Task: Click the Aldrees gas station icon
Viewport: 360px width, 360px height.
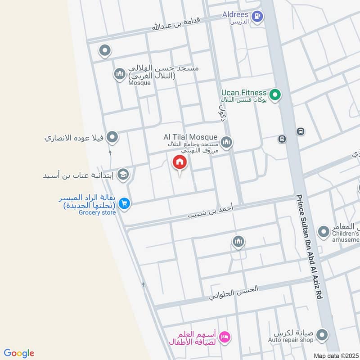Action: point(257,17)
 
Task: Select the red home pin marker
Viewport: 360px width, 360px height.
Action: point(179,163)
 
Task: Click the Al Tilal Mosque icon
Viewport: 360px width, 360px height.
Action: point(226,142)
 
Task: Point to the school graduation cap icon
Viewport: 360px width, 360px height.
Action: point(122,175)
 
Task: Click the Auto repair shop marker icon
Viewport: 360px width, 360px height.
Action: point(321,335)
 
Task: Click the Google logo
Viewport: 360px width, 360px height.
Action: point(19,353)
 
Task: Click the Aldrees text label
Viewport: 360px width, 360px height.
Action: point(235,14)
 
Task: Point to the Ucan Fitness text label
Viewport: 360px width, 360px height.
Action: point(243,93)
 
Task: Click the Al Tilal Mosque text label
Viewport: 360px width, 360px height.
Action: point(191,137)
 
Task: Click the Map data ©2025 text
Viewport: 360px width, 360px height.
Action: point(336,355)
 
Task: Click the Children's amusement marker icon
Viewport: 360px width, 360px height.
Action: point(323,232)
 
